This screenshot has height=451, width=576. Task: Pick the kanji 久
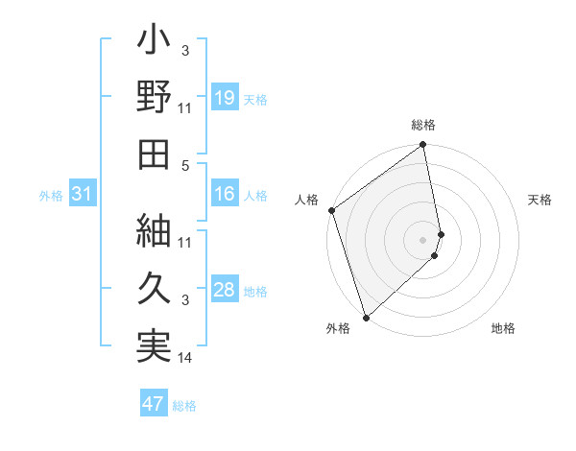155,286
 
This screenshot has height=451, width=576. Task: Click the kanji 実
155,343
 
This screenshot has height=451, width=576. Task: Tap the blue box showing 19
225,98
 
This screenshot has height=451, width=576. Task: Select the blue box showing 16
225,195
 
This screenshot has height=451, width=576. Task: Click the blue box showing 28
225,291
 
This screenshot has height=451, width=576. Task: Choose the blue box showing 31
83,195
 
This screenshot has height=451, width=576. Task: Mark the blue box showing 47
154,404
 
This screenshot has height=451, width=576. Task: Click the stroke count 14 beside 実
185,359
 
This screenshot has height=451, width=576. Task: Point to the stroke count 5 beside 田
185,164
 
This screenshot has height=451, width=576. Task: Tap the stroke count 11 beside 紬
185,242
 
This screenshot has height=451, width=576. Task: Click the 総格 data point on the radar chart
422,146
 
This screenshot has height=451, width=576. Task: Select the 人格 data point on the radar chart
331,211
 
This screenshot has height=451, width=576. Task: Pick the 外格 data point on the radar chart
366,317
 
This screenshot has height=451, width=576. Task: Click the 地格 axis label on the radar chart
503,328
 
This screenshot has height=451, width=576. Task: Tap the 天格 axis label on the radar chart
540,200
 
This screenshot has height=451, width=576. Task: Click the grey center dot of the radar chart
422,239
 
